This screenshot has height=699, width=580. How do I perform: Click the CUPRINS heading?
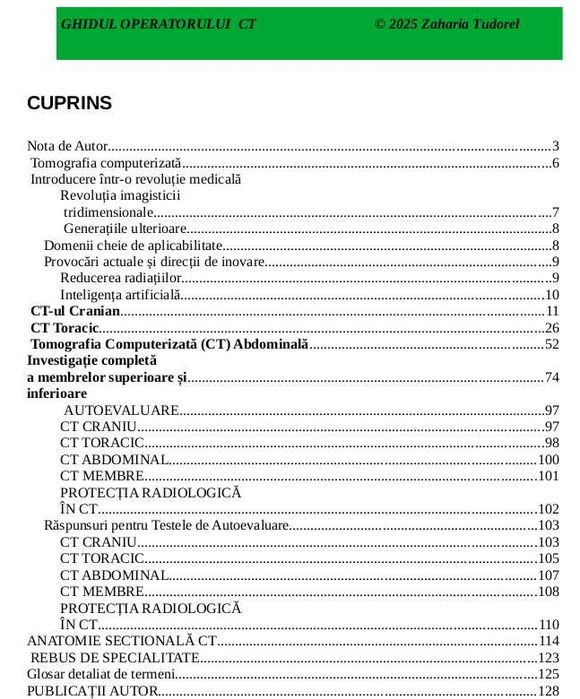click(x=69, y=103)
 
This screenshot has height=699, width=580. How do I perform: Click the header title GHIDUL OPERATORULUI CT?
click(x=158, y=23)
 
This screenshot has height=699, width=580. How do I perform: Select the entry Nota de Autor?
click(x=68, y=146)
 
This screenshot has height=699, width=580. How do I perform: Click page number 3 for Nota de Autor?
click(x=555, y=146)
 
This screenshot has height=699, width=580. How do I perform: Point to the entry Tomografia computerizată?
click(x=106, y=163)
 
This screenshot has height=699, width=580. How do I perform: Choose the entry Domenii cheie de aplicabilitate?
click(x=133, y=245)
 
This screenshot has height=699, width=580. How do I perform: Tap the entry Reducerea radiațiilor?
click(x=121, y=278)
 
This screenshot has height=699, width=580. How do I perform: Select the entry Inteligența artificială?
click(x=121, y=295)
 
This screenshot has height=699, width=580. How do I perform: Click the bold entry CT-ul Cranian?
click(x=75, y=311)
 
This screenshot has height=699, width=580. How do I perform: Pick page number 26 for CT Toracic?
click(x=551, y=328)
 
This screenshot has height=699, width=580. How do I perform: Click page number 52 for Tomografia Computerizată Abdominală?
click(x=551, y=344)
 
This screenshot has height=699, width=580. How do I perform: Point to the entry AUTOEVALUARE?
click(x=121, y=410)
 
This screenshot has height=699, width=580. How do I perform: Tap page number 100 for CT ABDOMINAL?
click(x=548, y=460)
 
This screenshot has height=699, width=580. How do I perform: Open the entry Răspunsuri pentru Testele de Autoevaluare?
click(x=166, y=525)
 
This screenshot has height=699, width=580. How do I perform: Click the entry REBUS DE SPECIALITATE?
click(x=115, y=657)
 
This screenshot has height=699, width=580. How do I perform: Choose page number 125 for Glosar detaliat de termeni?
click(x=548, y=674)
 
